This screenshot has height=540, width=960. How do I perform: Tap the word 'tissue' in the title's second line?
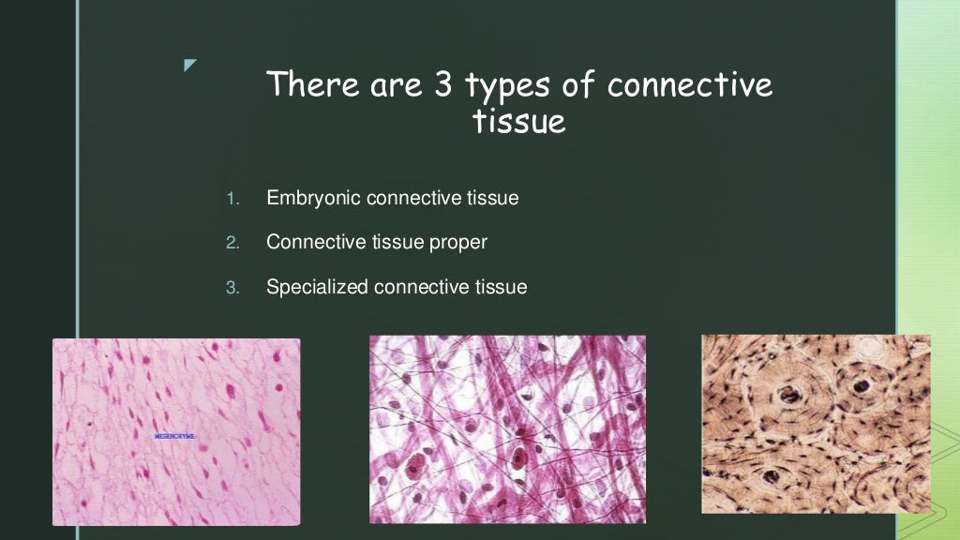pos(520,121)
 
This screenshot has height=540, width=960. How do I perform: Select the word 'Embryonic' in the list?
pos(313,199)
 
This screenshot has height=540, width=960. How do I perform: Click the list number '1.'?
pos(233,199)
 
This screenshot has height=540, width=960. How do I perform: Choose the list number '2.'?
pos(233,243)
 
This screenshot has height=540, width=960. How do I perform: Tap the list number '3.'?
pos(233,288)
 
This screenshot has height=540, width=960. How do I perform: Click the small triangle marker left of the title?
pos(190,65)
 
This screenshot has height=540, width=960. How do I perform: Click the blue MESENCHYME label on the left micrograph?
pos(174,437)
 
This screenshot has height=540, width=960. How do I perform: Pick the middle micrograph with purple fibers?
pos(507,428)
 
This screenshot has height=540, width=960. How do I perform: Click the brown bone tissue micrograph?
pos(816,424)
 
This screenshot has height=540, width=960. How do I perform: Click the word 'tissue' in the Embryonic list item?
pos(492,199)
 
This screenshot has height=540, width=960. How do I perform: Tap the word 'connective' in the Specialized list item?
pos(417,287)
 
